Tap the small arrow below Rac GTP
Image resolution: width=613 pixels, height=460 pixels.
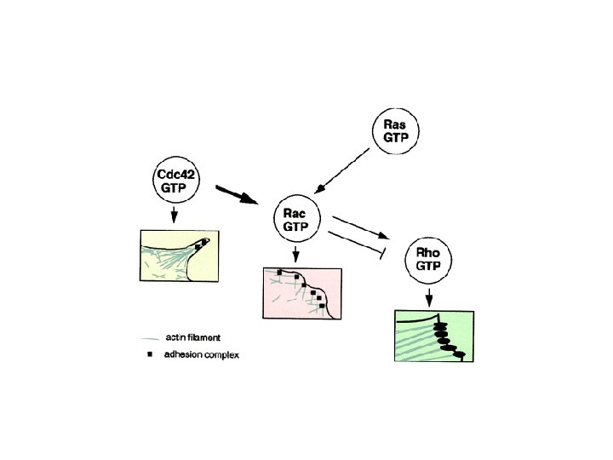coord(295,254)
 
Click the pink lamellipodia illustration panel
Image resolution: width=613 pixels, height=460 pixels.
coord(302,294)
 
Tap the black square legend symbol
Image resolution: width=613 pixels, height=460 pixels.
coord(150,354)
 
